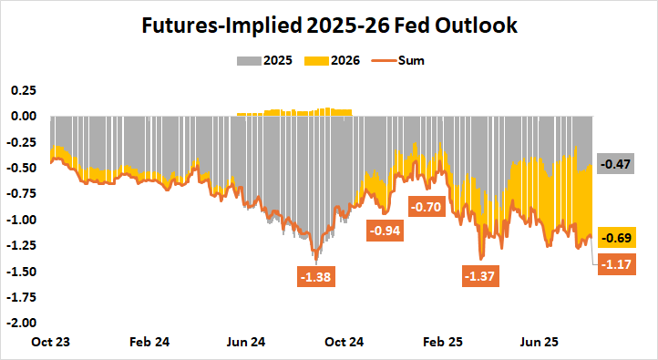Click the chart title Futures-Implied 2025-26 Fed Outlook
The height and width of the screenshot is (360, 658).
pos(329,26)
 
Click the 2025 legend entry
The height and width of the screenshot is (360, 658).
pos(277,61)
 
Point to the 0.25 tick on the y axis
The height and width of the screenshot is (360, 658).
pos(22,90)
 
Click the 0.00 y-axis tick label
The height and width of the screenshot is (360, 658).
pos(22,116)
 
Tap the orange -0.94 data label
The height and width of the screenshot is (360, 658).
pos(386,231)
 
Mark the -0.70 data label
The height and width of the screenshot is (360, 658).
pos(427,207)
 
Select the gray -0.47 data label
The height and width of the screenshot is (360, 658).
pos(619,165)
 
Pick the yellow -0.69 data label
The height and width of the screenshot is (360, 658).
pos(619,238)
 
